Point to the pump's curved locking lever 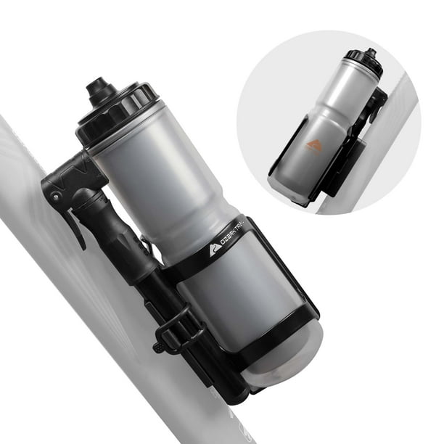(75, 228)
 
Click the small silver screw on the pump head (57, 195)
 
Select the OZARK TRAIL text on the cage (234, 235)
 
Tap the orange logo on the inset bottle (313, 145)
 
